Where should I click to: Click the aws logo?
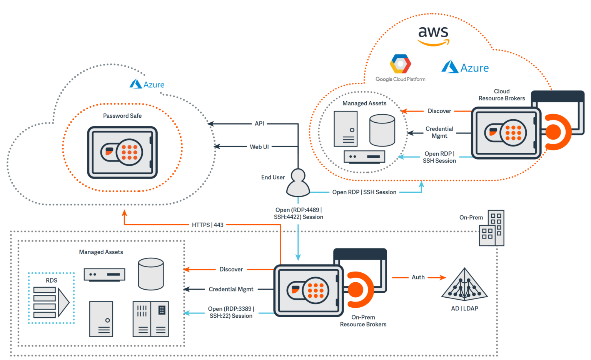[x=433, y=36]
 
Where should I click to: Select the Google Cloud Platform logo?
[x=400, y=68]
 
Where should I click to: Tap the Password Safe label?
[x=122, y=116]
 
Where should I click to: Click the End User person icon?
[x=298, y=183]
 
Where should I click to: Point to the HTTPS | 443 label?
[x=207, y=225]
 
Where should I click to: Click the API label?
[x=259, y=123]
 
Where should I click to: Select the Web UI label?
[x=259, y=147]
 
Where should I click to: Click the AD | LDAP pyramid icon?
[x=464, y=285]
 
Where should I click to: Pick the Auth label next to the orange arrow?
[x=418, y=277]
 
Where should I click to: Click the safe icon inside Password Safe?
[x=122, y=152]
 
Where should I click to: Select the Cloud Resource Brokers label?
[x=501, y=95]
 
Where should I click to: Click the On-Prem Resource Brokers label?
[x=363, y=321]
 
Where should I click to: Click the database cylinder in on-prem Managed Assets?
[x=150, y=274]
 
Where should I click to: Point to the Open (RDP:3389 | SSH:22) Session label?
[x=231, y=312]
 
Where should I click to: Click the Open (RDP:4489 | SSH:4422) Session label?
[x=298, y=213]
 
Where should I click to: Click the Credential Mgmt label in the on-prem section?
[x=231, y=289]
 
